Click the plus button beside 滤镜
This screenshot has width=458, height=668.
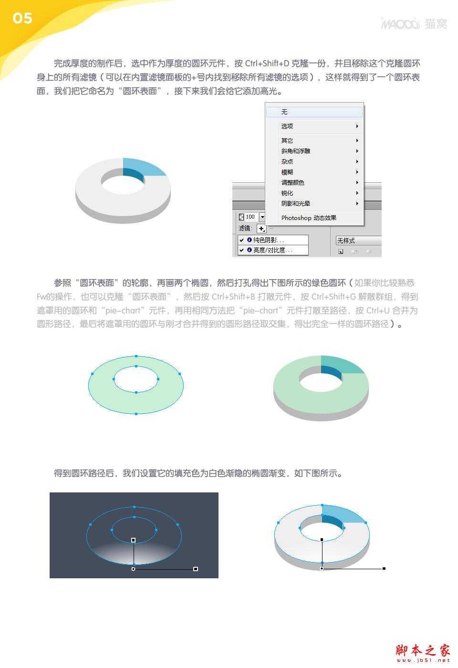tap(261, 229)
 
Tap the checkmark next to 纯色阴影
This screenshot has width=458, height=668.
tap(242, 240)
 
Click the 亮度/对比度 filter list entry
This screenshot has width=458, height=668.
tap(273, 250)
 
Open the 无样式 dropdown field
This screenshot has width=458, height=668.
tap(358, 240)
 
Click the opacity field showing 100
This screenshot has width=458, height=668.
tap(250, 217)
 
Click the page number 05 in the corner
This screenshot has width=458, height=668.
tap(22, 19)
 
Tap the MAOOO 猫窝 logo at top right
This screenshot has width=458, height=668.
tap(414, 23)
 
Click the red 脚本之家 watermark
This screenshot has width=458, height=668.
tap(423, 651)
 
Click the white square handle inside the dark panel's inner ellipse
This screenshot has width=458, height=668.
tap(134, 540)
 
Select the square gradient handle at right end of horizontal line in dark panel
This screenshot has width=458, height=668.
tap(196, 569)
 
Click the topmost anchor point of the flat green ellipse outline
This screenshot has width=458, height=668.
tap(136, 356)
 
